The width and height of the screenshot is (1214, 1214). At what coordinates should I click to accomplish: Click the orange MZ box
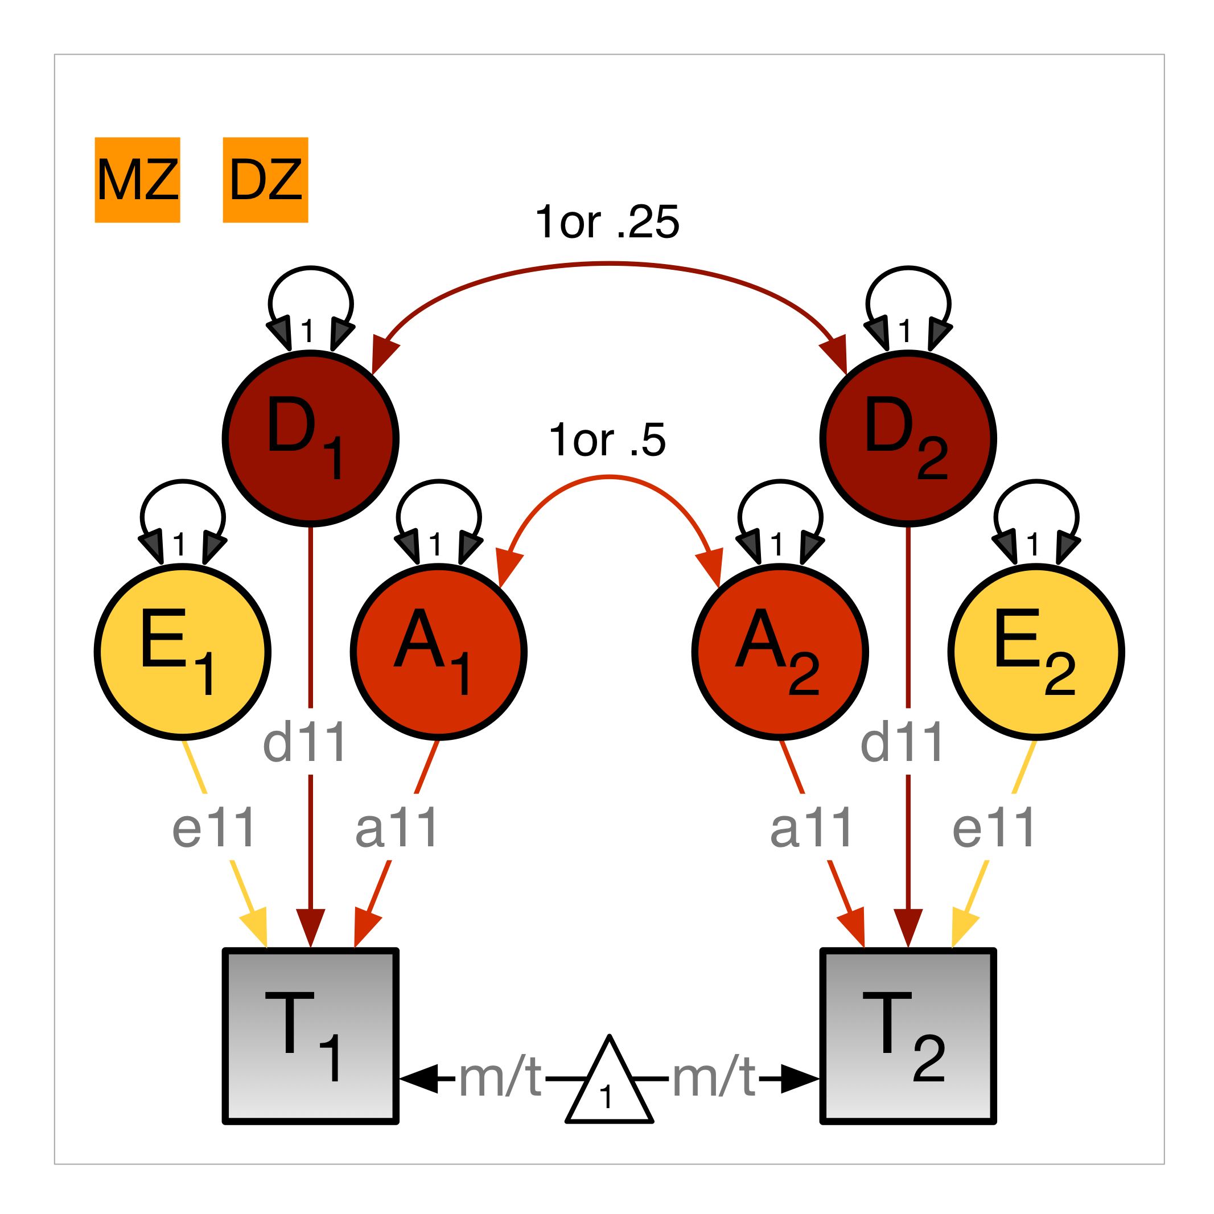click(x=138, y=180)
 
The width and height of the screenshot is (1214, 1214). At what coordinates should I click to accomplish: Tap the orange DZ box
click(x=265, y=180)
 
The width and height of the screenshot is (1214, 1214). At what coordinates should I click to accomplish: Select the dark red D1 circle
click(x=310, y=439)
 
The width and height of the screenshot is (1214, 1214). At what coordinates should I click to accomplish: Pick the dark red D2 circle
click(x=908, y=439)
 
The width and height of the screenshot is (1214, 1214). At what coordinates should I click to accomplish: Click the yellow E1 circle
click(x=183, y=652)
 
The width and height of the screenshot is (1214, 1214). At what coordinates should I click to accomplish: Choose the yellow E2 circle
click(x=1036, y=652)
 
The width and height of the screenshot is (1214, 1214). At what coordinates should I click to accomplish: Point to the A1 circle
click(x=439, y=652)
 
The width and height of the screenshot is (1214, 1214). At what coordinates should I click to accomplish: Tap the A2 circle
click(x=780, y=652)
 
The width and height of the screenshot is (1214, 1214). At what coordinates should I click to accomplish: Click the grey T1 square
click(x=310, y=1035)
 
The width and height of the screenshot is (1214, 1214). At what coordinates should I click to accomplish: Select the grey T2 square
click(x=908, y=1035)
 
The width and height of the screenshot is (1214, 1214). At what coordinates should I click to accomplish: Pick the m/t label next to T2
click(x=714, y=1079)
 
